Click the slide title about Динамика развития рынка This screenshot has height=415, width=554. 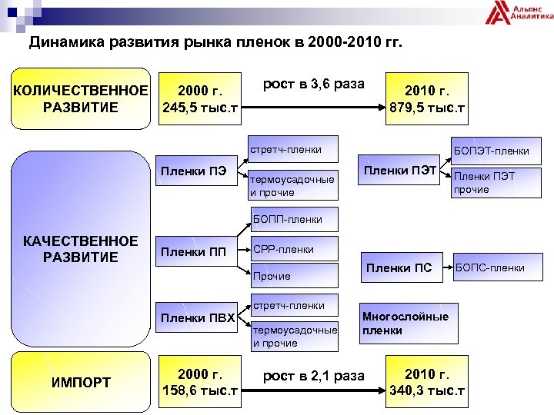[x=215, y=42]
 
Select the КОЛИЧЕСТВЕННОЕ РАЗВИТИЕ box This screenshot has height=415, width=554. [x=80, y=99]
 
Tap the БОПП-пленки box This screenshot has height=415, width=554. [x=295, y=219]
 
